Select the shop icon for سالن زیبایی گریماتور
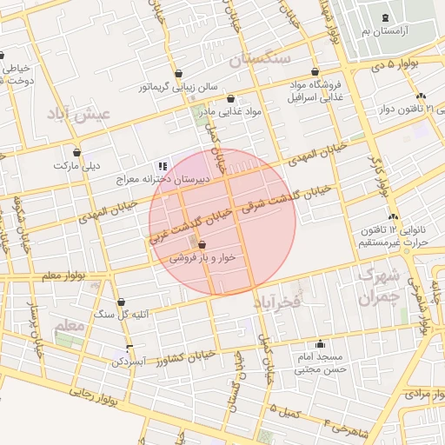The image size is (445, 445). [x=179, y=74]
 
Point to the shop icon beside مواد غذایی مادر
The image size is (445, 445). [x=230, y=99]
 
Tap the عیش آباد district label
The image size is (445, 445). [x=81, y=114]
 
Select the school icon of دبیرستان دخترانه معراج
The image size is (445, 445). [x=161, y=165]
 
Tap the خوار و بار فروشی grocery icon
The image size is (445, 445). [x=203, y=245]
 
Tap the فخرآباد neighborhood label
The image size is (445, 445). [x=276, y=302]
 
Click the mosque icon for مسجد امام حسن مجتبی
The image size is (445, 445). [x=321, y=343]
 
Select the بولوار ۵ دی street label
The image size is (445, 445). [x=392, y=64]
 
